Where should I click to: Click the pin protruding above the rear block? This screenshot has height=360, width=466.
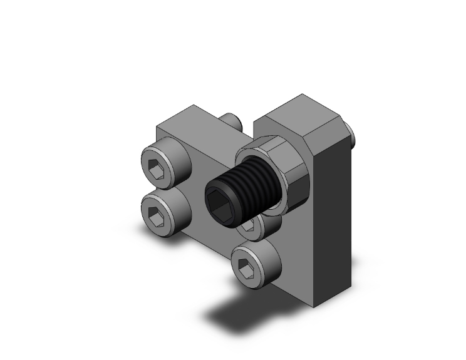click(230, 119)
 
